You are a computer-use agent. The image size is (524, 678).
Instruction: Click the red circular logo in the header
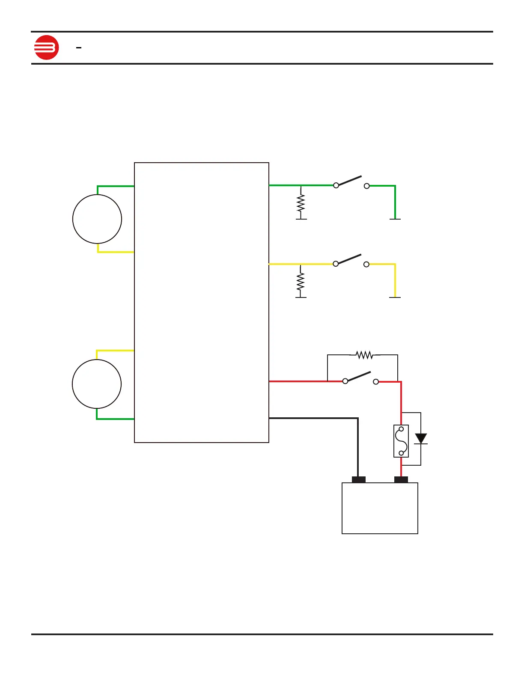46,48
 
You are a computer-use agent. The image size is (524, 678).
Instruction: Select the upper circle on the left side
97,219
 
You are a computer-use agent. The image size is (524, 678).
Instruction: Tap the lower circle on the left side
97,384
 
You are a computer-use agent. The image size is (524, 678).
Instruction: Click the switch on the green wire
351,182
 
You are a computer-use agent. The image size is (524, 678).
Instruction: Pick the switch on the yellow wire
351,261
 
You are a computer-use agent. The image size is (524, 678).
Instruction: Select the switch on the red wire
360,378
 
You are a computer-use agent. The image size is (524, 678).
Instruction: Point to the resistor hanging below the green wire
301,203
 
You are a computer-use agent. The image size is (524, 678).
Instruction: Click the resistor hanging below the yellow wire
301,281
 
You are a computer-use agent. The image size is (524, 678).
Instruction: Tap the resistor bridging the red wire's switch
364,355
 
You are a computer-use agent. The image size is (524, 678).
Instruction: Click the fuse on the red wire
401,441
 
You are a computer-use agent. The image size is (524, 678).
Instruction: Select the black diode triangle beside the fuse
421,438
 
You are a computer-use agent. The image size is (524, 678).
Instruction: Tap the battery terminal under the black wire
358,479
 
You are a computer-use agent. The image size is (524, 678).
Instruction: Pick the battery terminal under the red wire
401,479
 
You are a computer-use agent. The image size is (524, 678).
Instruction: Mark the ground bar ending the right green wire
395,219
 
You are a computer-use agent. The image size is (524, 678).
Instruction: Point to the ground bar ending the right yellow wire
395,297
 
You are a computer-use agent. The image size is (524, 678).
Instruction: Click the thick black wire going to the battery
357,445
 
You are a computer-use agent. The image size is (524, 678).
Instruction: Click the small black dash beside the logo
79,48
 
